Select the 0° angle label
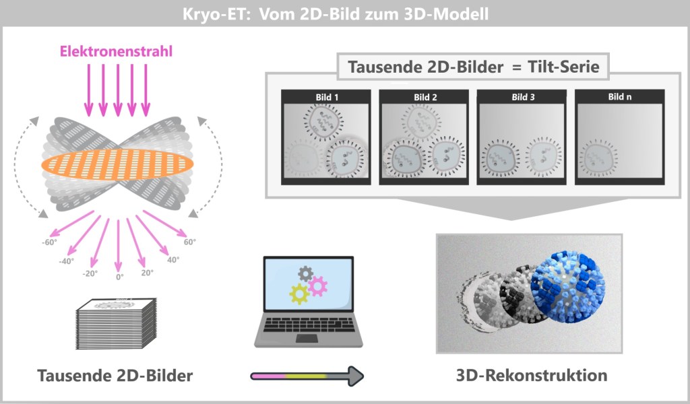pyautogui.click(x=119, y=276)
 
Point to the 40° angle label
pyautogui.click(x=172, y=259)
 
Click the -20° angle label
pyautogui.click(x=90, y=273)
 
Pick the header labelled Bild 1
pyautogui.click(x=327, y=97)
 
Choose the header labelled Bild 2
pyautogui.click(x=425, y=97)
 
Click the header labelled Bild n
pyautogui.click(x=620, y=97)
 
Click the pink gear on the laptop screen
pyautogui.click(x=317, y=285)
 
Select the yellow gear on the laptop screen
pyautogui.click(x=300, y=294)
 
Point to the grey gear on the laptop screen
pyautogui.click(x=306, y=273)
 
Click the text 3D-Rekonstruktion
pyautogui.click(x=531, y=374)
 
